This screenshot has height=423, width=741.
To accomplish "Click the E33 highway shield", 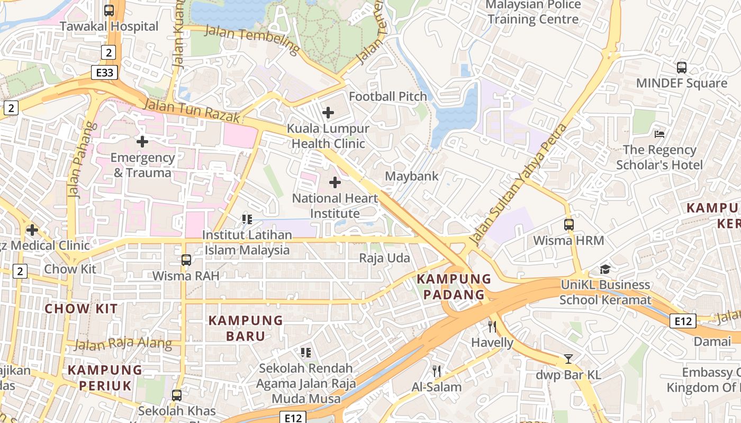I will pyautogui.click(x=104, y=72).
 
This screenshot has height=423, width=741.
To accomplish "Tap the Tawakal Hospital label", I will pyautogui.click(x=109, y=26).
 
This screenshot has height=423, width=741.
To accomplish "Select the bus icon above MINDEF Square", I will pyautogui.click(x=681, y=68).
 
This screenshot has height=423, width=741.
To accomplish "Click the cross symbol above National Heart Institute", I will pyautogui.click(x=335, y=182).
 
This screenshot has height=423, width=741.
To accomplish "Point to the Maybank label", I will pyautogui.click(x=412, y=176).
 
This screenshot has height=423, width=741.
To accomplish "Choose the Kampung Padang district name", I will pyautogui.click(x=454, y=287).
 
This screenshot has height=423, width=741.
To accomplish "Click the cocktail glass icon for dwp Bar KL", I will pyautogui.click(x=568, y=359).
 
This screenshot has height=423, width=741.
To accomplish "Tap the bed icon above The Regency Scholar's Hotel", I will pyautogui.click(x=659, y=134).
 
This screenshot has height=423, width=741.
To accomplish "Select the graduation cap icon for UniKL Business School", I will pyautogui.click(x=605, y=270).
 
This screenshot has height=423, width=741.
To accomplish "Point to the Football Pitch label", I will pyautogui.click(x=387, y=96).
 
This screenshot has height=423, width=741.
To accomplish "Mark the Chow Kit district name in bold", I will pyautogui.click(x=81, y=309).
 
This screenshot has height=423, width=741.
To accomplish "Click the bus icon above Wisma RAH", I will pyautogui.click(x=186, y=260).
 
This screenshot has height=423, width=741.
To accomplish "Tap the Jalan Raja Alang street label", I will pyautogui.click(x=123, y=344).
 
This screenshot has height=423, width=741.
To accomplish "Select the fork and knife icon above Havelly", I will pyautogui.click(x=492, y=326).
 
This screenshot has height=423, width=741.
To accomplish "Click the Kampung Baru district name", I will pyautogui.click(x=246, y=328).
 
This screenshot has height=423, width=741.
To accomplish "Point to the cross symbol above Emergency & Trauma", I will pyautogui.click(x=142, y=142).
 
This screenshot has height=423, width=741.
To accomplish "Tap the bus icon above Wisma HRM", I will pyautogui.click(x=568, y=225).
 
